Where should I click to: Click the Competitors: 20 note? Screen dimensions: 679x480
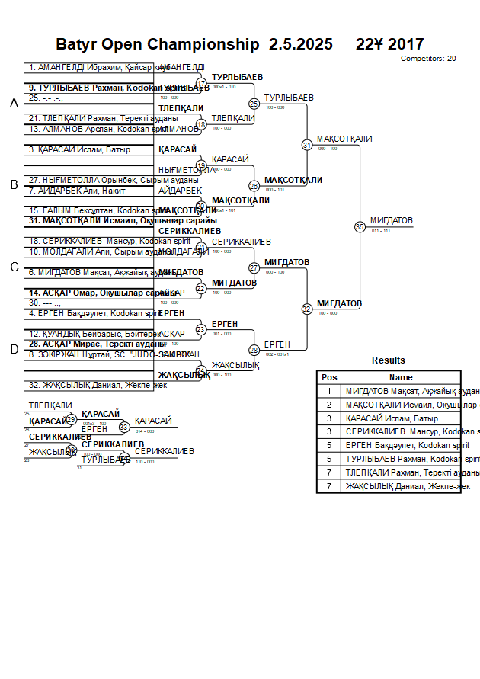[x=428, y=59]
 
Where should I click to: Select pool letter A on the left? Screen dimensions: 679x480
[x=14, y=104]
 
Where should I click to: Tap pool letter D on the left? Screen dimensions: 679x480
[x=14, y=349]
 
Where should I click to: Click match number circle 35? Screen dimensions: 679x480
[x=360, y=226]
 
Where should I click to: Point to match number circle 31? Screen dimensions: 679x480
[x=307, y=144]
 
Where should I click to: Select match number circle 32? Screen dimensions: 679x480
[x=307, y=309]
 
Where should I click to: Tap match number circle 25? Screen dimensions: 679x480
[x=254, y=104]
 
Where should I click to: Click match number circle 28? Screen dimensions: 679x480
[x=254, y=350]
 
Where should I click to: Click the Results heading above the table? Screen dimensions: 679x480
[x=389, y=360]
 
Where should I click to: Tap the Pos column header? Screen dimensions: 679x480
[x=329, y=377]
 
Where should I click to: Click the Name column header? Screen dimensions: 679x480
[x=401, y=377]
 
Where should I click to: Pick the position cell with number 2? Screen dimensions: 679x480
[x=329, y=405]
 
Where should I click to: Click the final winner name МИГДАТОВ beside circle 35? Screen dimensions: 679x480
[x=391, y=221]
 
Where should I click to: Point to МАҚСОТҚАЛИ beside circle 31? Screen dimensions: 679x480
[x=344, y=139]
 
